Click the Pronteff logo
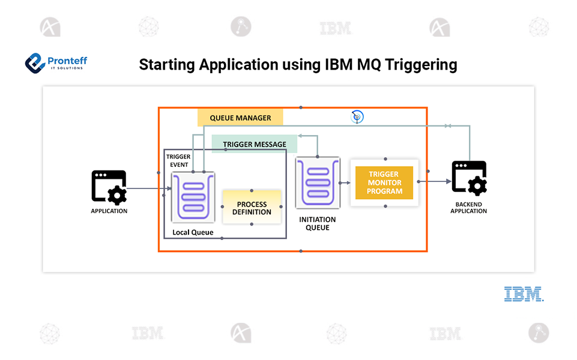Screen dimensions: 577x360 (x=56, y=63)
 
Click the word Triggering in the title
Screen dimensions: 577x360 (x=421, y=65)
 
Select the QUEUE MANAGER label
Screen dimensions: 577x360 (x=240, y=118)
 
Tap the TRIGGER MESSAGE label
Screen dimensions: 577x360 (x=255, y=144)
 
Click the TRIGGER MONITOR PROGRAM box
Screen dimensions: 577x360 (x=384, y=183)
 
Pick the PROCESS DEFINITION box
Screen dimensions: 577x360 (x=252, y=208)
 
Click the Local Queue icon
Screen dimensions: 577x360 (x=193, y=197)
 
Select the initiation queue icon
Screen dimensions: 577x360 (x=318, y=183)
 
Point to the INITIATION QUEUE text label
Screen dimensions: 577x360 (x=317, y=224)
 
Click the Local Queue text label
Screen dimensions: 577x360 (x=193, y=232)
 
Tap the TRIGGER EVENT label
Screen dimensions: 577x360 (x=178, y=161)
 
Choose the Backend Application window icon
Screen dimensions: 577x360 (x=469, y=178)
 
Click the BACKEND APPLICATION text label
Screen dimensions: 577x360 (x=468, y=208)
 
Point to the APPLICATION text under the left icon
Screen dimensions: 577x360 (x=109, y=211)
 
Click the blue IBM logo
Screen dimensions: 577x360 (x=524, y=294)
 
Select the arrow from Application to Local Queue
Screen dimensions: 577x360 (x=149, y=188)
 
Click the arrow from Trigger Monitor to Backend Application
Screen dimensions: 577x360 (x=435, y=181)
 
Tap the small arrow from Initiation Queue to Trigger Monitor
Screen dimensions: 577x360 (x=345, y=183)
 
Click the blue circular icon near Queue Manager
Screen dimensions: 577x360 (x=357, y=117)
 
